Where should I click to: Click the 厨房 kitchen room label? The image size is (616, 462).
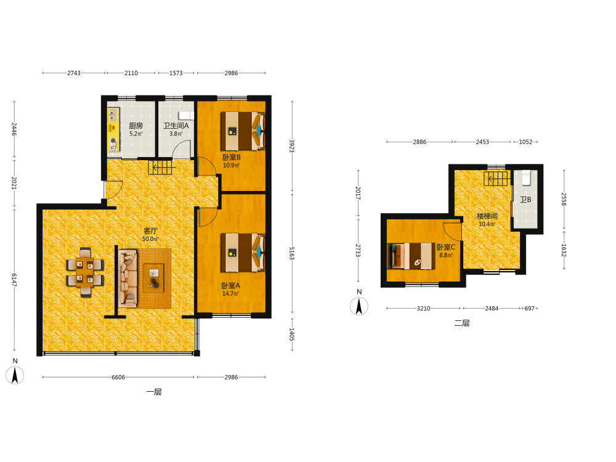click(x=136, y=126)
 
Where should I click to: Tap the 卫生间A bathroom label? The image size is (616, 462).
click(x=176, y=126)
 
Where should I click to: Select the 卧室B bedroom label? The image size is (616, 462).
click(x=232, y=157)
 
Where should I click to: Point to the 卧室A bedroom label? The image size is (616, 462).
click(x=230, y=286)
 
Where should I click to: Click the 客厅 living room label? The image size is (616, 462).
click(x=150, y=231)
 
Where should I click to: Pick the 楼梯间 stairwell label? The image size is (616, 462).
click(x=487, y=216)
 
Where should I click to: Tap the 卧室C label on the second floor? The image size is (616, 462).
click(x=446, y=247)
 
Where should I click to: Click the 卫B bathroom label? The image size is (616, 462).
click(x=525, y=200)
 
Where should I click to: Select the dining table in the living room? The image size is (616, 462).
click(x=85, y=272)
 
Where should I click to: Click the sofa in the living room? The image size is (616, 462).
click(x=128, y=278)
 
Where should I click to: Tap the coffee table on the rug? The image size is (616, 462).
click(x=153, y=278)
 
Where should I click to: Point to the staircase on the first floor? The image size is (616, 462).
click(x=160, y=168)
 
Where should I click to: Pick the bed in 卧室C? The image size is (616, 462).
click(x=411, y=256)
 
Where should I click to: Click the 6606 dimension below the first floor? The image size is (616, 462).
click(x=118, y=377)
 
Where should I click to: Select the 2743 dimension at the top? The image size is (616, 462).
click(x=74, y=73)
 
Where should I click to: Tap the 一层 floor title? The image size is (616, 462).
click(x=154, y=392)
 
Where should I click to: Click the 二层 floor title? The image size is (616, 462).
click(x=462, y=323)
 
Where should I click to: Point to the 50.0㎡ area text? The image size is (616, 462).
click(x=150, y=239)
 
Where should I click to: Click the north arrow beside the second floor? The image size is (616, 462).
click(x=359, y=306)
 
